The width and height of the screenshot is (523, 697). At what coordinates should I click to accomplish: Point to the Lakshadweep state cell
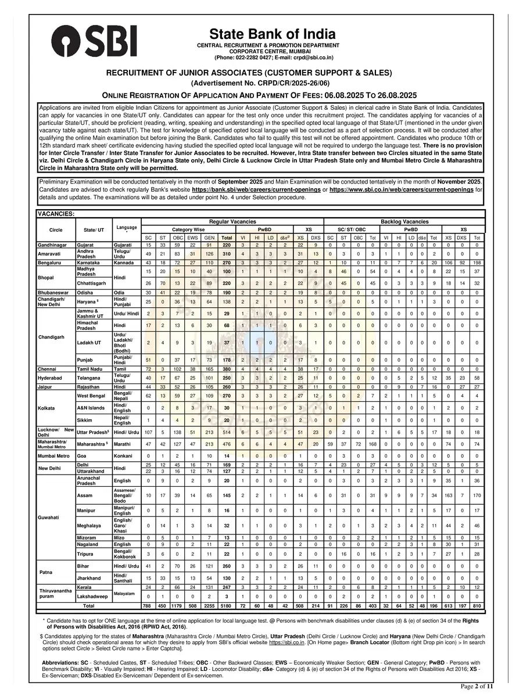(94, 597)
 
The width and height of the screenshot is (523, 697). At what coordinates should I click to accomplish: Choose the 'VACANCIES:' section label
(56, 214)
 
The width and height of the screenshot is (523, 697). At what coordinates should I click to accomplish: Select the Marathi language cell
(123, 444)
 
